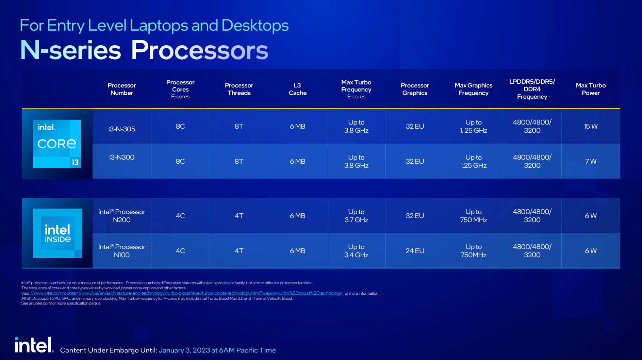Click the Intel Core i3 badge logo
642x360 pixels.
[57, 144]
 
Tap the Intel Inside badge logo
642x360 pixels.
[57, 233]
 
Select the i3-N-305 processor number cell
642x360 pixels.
[122, 129]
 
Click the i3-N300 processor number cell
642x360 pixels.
[122, 157]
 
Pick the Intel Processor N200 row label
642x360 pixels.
[122, 216]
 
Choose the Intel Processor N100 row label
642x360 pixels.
[122, 251]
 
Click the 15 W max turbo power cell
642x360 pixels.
[591, 126]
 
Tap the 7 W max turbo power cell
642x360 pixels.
[591, 161]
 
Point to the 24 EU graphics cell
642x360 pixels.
[415, 251]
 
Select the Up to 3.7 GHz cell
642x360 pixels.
[356, 216]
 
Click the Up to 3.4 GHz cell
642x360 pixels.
[356, 251]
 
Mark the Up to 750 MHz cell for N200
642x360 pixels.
[474, 216]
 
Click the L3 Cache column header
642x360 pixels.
[298, 89]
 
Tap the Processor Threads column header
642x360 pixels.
[239, 89]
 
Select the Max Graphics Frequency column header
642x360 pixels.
[474, 89]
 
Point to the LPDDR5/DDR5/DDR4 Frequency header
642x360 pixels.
[532, 89]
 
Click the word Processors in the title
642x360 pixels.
[200, 50]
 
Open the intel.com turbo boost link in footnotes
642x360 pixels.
[186, 293]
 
